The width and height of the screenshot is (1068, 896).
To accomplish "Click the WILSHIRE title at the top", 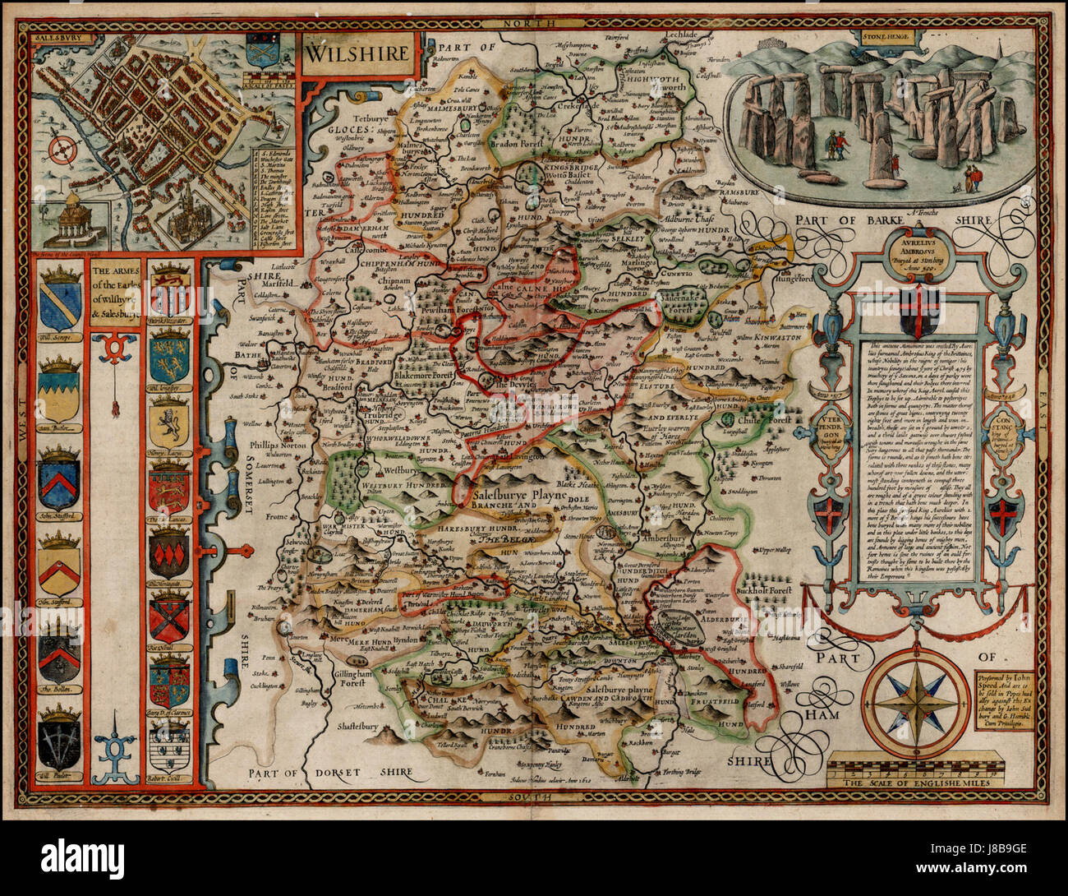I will (x=358, y=54).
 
